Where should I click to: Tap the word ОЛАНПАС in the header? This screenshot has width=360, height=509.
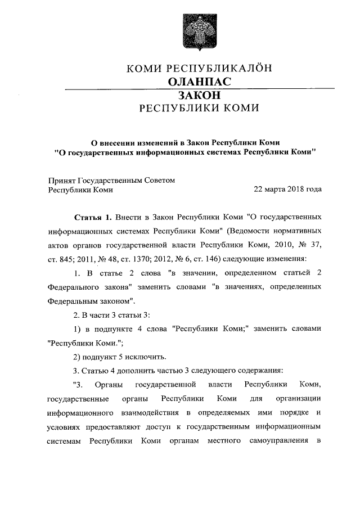(x=200, y=82)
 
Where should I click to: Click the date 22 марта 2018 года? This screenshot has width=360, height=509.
(x=288, y=190)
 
